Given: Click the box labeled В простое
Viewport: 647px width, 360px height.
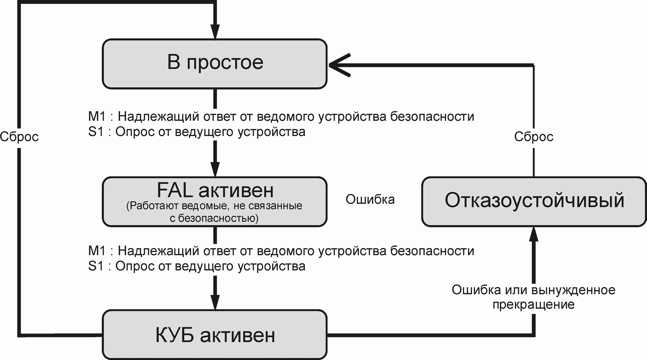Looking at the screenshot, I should [215, 63].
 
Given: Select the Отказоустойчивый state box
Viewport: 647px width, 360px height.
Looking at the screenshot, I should [534, 201].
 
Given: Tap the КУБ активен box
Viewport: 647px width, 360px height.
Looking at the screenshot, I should [215, 334].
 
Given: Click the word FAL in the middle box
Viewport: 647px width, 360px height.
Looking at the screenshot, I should [175, 190].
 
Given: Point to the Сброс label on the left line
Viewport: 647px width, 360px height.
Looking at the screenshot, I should [19, 137].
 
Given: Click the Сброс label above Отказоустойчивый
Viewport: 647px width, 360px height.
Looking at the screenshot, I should [534, 137].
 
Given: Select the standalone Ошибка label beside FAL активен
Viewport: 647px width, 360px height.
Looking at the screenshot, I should [370, 199].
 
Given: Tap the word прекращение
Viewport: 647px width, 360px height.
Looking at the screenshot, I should [533, 304].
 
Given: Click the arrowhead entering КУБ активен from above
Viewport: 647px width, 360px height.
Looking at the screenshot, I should [215, 302].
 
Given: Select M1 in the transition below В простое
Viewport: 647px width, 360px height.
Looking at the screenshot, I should [97, 117].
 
